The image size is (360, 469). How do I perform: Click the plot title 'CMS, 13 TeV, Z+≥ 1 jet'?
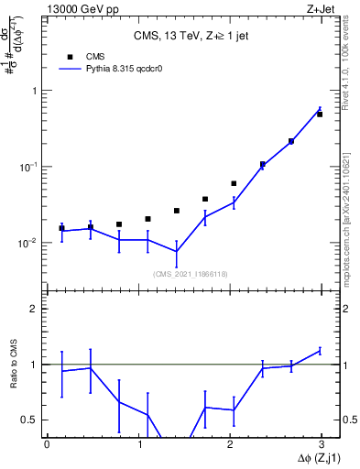tap(190, 36)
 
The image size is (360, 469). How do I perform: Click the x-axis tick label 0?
tap(47, 444)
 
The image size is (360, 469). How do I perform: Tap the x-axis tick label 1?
tap(138, 444)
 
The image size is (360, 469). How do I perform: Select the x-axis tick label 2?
tap(229, 444)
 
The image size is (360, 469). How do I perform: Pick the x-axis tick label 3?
tap(321, 444)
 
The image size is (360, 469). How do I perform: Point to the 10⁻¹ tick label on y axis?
tap(29, 167)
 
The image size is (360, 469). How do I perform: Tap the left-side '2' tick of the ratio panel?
tap(35, 309)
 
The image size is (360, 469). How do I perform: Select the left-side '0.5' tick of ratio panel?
tap(30, 420)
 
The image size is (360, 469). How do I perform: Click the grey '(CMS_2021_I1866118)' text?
tap(190, 273)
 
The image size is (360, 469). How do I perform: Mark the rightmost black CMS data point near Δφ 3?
tap(320, 115)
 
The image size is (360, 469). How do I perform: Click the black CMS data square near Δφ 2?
tap(234, 183)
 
